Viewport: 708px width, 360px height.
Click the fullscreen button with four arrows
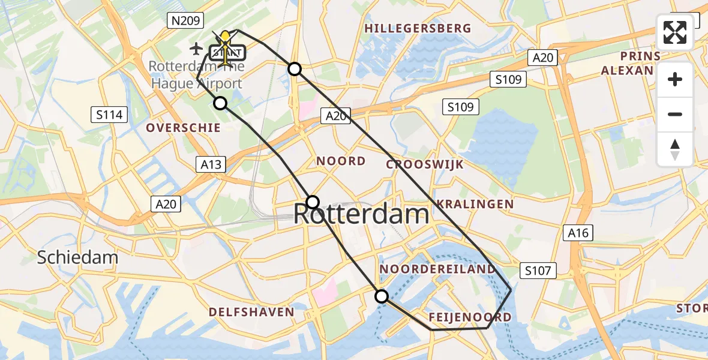[675, 32]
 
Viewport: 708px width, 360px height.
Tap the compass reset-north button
[675, 149]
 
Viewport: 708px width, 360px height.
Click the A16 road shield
[577, 233]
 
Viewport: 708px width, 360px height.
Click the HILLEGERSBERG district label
[418, 28]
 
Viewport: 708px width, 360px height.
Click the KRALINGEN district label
[475, 204]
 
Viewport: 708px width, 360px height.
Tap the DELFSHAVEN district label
[251, 312]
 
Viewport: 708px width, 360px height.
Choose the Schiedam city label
[77, 258]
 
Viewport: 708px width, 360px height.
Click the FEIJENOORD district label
[470, 317]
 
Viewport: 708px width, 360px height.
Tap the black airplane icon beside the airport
[196, 47]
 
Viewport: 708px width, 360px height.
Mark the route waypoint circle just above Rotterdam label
[313, 202]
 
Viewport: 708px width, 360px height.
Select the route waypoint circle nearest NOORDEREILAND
[382, 296]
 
